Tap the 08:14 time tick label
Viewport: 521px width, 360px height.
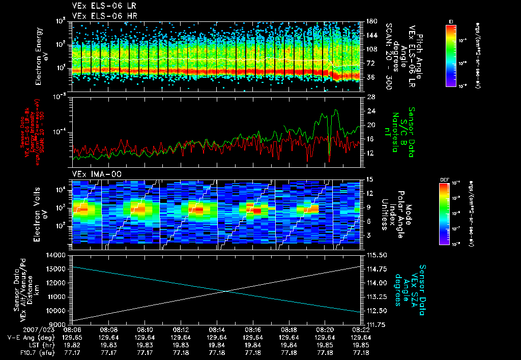[217, 329]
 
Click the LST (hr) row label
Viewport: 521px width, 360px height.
[21, 345]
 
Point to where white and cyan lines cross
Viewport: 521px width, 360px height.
[225, 291]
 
